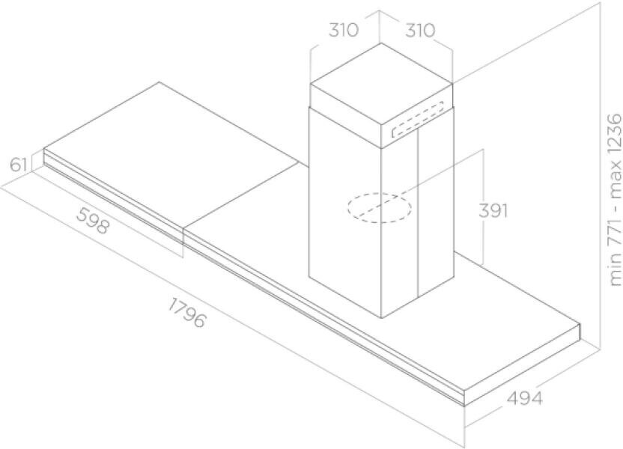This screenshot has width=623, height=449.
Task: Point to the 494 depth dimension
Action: (519, 398)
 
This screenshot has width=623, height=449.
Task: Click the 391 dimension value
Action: (493, 211)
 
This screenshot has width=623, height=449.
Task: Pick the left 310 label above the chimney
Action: (344, 31)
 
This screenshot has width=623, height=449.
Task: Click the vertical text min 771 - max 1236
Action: (614, 200)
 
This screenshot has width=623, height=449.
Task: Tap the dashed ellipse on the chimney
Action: (379, 207)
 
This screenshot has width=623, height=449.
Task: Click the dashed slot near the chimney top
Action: (419, 121)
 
